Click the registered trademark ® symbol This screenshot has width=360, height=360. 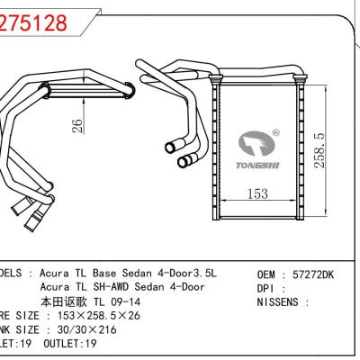click(x=275, y=131)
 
